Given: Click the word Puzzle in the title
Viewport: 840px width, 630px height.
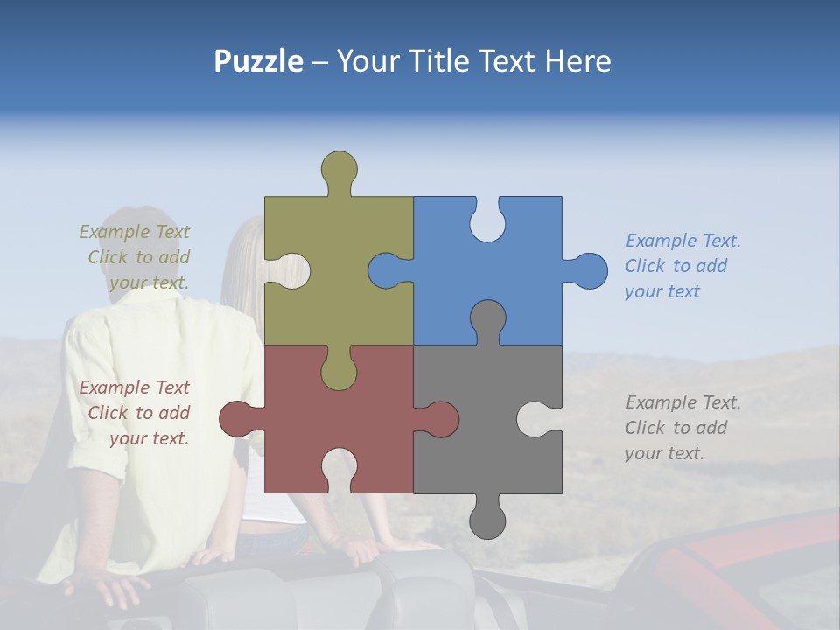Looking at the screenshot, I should [x=259, y=61].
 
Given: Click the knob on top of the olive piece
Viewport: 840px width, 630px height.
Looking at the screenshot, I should [x=339, y=169].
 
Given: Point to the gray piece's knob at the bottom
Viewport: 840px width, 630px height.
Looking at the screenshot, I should [x=487, y=521].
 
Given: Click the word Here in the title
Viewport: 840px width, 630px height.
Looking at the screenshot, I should [x=577, y=61].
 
